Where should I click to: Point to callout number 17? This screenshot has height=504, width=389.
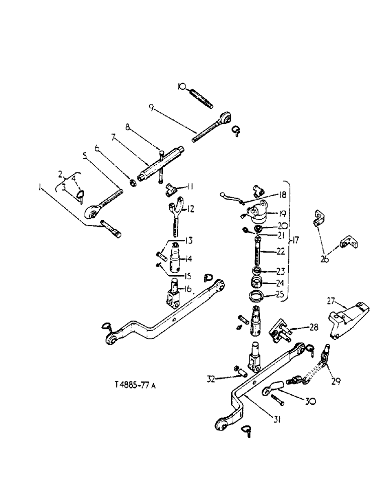(296, 241)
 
